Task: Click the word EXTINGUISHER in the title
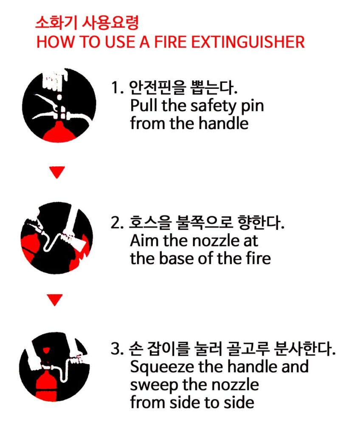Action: coord(248,42)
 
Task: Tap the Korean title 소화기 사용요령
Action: coord(87,23)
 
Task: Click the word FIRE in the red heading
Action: coord(170,42)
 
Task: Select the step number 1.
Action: coord(117,88)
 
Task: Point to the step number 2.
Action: coord(117,223)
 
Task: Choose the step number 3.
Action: coord(117,349)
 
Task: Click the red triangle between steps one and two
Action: coord(57,172)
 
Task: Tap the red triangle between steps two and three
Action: coord(55,299)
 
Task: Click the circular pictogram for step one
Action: coord(59,105)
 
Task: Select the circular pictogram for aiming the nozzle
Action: coord(57,238)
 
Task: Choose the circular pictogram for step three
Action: coord(55,367)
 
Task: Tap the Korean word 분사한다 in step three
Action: coord(304,349)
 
